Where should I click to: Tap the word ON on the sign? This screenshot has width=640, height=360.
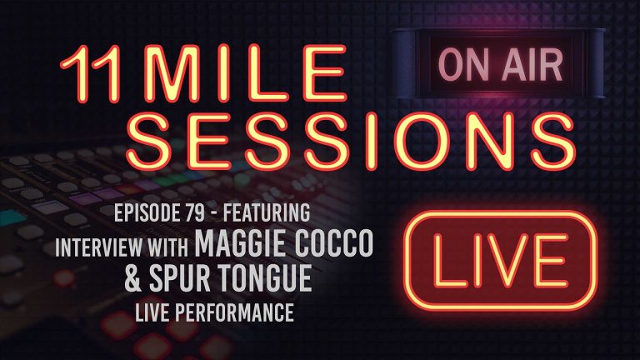pos(461,63)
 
